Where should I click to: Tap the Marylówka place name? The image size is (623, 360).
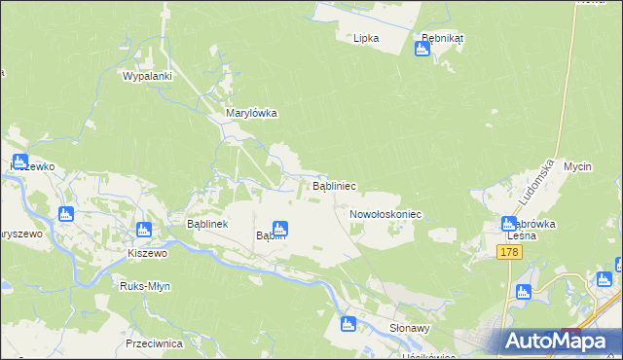click(252, 113)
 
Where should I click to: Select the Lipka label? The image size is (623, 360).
click(366, 38)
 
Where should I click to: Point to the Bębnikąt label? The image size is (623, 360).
click(442, 38)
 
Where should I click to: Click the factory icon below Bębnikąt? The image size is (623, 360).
click(422, 49)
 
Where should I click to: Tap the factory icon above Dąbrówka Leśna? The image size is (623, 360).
click(509, 223)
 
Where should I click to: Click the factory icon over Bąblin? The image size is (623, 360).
click(279, 228)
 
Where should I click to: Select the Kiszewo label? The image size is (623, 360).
click(148, 252)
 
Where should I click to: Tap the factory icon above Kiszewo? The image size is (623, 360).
click(143, 231)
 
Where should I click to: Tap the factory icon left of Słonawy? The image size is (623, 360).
click(348, 324)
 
